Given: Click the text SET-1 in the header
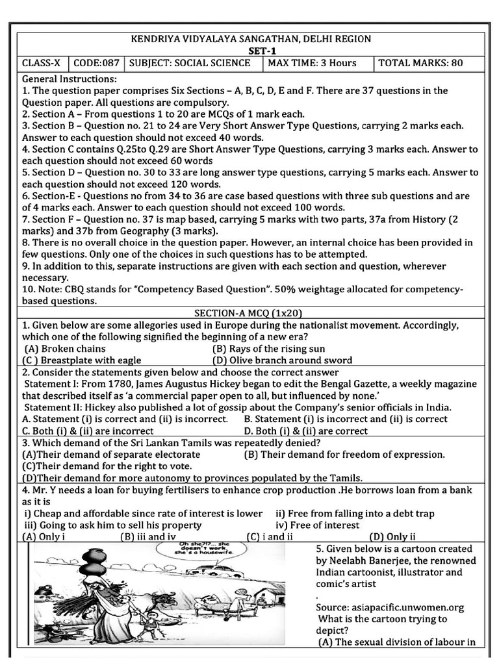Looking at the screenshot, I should coord(253,51).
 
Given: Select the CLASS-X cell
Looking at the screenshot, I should coord(42,63).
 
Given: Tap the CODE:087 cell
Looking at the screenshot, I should coord(97,63).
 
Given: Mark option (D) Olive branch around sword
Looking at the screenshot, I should coord(282,360).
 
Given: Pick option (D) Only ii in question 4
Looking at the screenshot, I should coord(392,536).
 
